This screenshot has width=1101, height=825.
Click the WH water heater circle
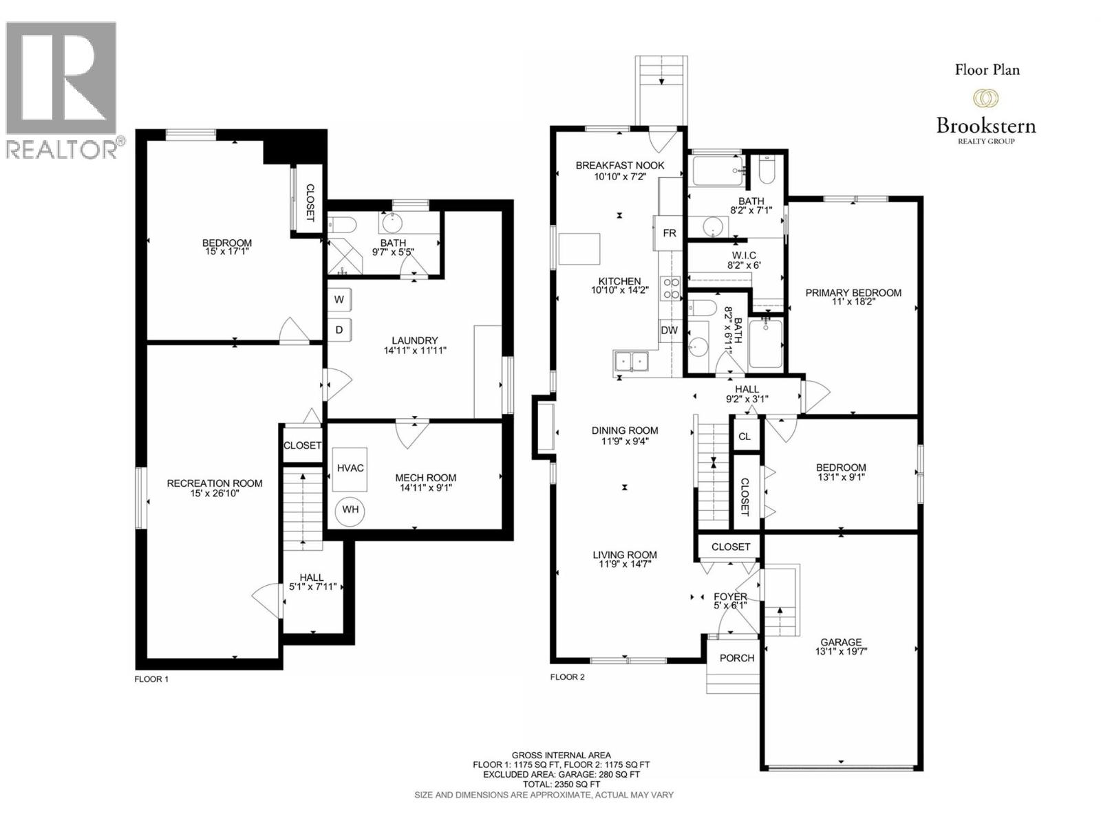[x=351, y=510]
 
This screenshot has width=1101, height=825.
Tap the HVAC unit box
[x=351, y=468]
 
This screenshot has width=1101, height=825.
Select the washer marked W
[x=339, y=300]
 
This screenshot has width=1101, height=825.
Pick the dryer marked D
[x=339, y=330]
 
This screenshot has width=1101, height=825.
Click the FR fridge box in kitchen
[x=670, y=233]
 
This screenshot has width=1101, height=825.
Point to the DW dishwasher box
[x=670, y=330]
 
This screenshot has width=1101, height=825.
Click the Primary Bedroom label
[x=853, y=293]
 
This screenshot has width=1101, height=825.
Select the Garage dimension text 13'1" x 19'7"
[x=840, y=651]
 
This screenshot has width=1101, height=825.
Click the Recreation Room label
[x=215, y=483]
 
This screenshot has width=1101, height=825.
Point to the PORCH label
[x=737, y=658]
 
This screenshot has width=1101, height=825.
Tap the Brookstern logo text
[x=985, y=126]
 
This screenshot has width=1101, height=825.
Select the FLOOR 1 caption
[x=151, y=679]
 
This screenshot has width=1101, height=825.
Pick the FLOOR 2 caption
[x=568, y=677]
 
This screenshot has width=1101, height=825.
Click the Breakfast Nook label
[x=620, y=166]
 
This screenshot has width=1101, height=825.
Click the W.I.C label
[x=744, y=255]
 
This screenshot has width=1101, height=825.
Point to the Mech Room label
[x=425, y=478]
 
